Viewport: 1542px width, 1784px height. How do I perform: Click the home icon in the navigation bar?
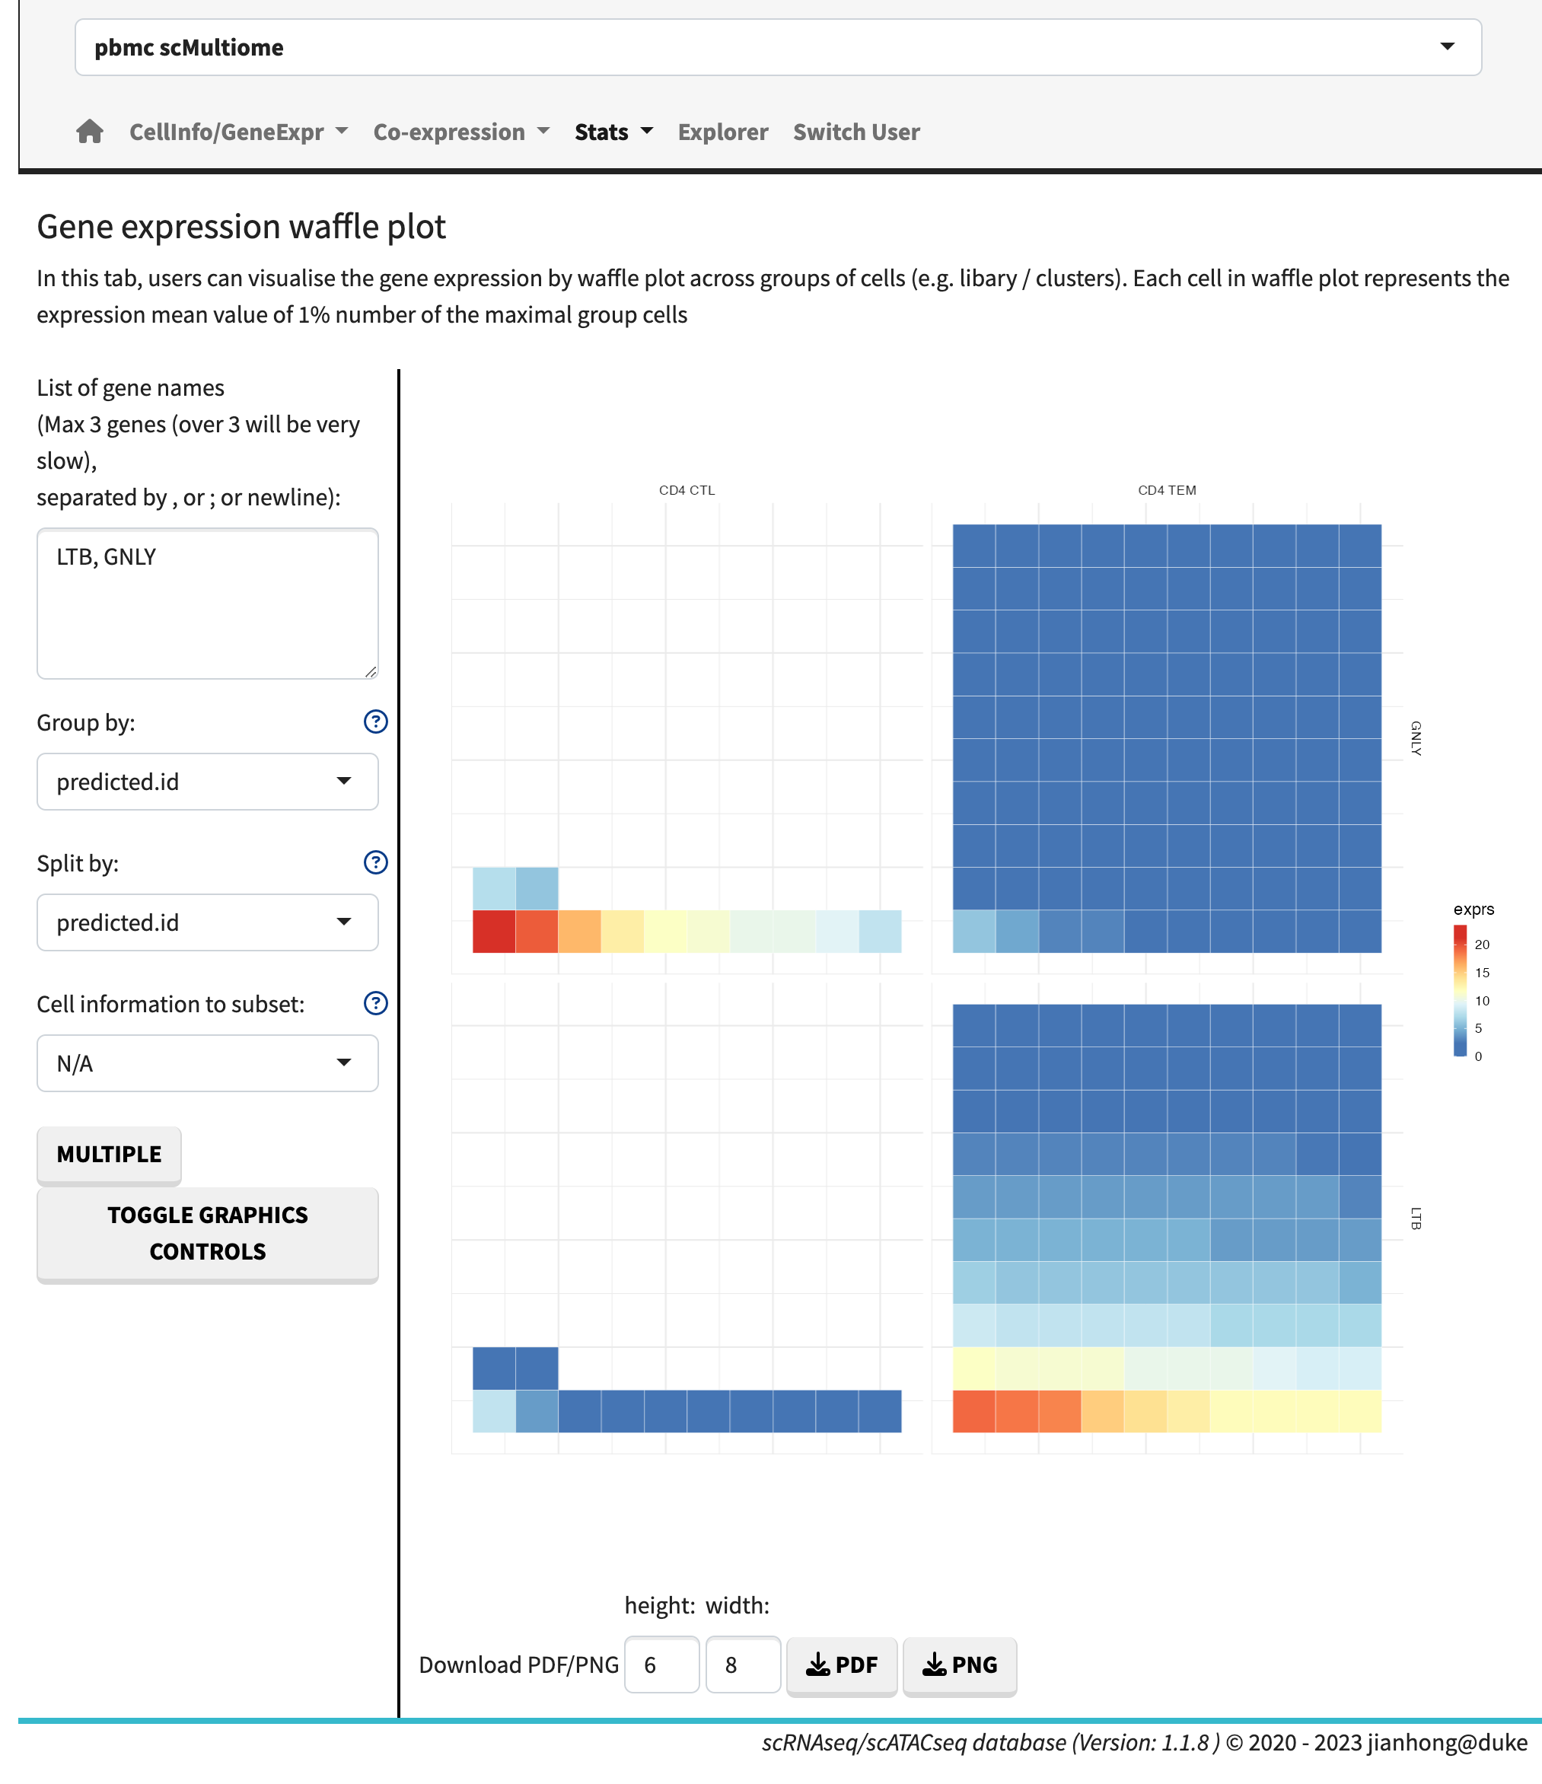(90, 132)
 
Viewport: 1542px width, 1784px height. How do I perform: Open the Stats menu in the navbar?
(613, 132)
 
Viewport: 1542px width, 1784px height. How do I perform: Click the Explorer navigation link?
(722, 132)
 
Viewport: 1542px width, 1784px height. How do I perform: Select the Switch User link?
(855, 132)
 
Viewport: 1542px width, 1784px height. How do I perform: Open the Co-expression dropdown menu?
(460, 132)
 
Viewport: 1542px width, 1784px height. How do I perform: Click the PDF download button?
(841, 1665)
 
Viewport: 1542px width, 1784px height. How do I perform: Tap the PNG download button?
(959, 1665)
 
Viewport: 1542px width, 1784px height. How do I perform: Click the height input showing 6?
(661, 1665)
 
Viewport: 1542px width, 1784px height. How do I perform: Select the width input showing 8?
(742, 1665)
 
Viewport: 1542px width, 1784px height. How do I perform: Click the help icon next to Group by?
(375, 722)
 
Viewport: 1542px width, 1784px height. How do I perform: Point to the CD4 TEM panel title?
(1167, 490)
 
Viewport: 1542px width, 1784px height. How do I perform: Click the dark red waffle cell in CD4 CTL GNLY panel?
(494, 932)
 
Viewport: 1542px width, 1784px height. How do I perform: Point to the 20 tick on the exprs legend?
(1482, 945)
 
